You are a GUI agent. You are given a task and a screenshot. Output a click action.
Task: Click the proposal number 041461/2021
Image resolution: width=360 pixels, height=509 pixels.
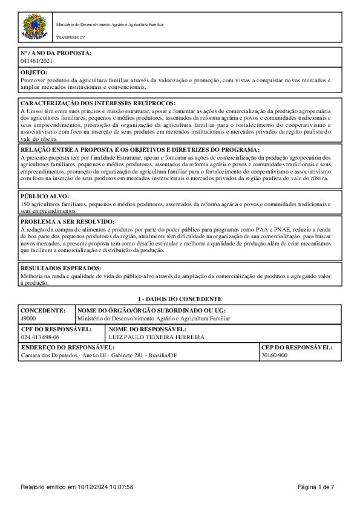coord(36,61)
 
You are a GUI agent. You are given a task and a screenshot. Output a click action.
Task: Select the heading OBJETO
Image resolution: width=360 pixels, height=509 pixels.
coord(34,73)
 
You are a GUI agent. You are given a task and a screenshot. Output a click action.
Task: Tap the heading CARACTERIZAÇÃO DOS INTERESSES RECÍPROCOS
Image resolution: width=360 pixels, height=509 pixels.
coord(98,103)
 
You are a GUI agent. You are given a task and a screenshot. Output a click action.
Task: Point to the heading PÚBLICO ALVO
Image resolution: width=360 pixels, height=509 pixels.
coord(45,196)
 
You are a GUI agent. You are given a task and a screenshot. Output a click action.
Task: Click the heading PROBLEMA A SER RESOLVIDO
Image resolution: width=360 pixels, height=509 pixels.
coord(68,222)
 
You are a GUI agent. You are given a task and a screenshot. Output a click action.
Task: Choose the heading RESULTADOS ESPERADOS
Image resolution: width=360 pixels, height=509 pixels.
coord(61,268)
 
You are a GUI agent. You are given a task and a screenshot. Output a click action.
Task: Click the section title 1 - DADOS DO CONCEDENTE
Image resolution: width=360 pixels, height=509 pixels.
coord(180,299)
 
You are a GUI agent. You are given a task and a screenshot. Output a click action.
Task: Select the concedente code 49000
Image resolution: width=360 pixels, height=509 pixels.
coord(28,318)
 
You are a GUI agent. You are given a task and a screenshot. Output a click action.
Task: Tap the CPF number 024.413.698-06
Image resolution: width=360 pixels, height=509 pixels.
coord(40,337)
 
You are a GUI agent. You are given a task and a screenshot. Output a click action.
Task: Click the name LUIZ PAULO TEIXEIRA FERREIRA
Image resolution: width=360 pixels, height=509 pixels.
coord(156,337)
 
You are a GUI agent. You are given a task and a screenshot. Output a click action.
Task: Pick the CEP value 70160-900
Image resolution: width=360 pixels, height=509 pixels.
coord(274,356)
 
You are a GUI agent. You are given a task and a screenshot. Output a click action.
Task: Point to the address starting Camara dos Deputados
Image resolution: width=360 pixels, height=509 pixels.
coord(99,356)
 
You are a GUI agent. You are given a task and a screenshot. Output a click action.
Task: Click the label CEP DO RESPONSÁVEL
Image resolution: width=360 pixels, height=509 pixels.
coord(296,348)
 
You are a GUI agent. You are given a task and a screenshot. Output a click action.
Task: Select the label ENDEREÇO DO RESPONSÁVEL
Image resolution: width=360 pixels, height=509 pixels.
coord(68,348)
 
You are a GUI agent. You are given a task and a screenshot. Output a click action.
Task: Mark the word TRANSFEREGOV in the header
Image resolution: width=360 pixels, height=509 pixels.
coord(68,37)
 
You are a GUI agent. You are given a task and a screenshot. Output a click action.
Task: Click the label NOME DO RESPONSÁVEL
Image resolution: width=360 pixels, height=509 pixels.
coord(148,329)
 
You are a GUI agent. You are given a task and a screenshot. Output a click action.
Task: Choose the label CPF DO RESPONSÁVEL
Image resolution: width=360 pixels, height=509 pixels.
coord(56,329)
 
